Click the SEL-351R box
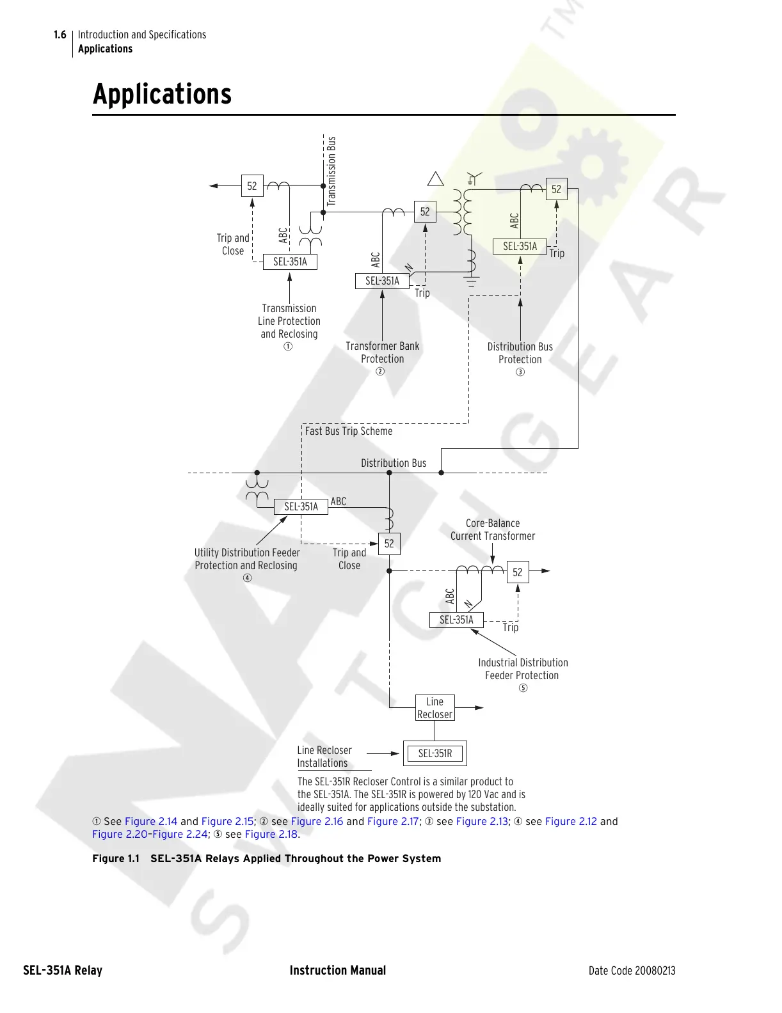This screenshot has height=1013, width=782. click(x=435, y=753)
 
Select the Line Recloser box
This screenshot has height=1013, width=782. click(x=435, y=708)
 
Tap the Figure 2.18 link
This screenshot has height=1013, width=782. click(x=271, y=834)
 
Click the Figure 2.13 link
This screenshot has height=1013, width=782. click(x=482, y=821)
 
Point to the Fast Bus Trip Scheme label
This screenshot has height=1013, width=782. click(x=349, y=431)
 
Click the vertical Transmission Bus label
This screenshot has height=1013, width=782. click(x=331, y=171)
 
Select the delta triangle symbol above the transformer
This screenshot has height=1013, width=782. click(x=436, y=179)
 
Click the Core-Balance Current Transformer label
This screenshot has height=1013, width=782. click(x=493, y=530)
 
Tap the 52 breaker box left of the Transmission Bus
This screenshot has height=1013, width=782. click(x=252, y=186)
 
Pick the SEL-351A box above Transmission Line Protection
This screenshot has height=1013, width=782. click(x=290, y=262)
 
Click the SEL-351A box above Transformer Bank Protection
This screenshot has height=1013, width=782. click(x=382, y=281)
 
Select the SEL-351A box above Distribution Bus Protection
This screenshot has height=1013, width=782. click(x=520, y=246)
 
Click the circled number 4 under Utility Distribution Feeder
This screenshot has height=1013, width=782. click(x=248, y=578)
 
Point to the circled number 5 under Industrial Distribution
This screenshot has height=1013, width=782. click(x=523, y=688)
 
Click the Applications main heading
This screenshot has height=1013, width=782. click(x=163, y=94)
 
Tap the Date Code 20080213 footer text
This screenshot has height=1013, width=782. click(x=632, y=970)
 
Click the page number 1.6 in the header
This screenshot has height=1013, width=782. click(x=60, y=35)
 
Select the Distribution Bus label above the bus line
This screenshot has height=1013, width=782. click(x=394, y=463)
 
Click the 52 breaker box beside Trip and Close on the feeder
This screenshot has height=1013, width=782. click(x=389, y=544)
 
